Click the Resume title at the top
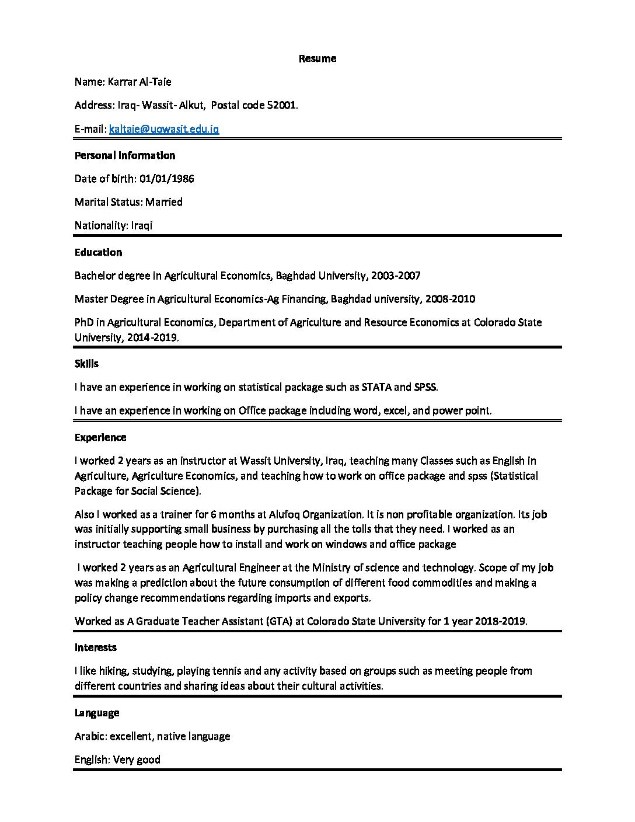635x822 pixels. (317, 58)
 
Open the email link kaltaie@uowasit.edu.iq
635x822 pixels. (164, 129)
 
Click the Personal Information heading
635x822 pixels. (124, 155)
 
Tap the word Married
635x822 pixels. (163, 202)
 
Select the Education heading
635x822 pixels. (98, 252)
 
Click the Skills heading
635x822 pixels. (86, 364)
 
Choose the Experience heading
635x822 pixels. (100, 437)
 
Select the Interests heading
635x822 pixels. (95, 647)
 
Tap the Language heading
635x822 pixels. (96, 713)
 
